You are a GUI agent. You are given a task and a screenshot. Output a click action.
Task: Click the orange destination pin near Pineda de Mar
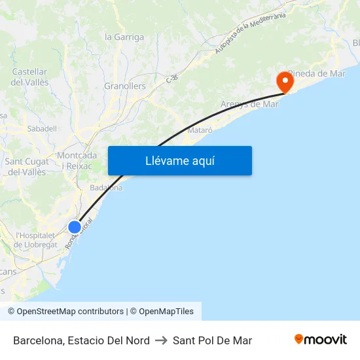[x=285, y=81]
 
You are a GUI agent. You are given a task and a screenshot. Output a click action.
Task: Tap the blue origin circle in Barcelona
[x=75, y=227]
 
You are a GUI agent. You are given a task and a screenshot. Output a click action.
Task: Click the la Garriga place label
[x=124, y=37]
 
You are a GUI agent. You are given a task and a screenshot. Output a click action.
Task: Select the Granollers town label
[x=125, y=86]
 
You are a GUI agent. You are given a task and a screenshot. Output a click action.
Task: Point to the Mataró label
[x=200, y=130]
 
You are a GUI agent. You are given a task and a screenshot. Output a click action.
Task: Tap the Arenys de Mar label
[x=249, y=104]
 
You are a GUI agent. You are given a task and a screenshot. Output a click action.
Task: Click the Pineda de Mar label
[x=317, y=73]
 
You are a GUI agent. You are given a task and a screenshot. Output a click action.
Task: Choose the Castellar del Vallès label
[x=29, y=77]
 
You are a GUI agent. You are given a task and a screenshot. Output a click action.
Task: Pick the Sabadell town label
[x=42, y=129]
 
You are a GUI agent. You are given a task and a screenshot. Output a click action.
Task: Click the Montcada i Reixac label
[x=77, y=160]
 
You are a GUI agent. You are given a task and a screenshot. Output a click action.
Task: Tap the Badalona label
[x=106, y=188]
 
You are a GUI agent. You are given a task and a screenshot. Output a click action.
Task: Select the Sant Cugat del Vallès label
[x=27, y=167]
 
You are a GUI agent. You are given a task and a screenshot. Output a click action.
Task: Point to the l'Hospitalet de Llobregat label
[x=36, y=240]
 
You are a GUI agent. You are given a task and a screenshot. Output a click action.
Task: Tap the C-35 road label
[x=172, y=78]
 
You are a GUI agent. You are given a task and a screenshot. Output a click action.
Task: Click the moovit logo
[x=321, y=340]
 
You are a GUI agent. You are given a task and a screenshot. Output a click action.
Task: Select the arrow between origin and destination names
[x=161, y=340]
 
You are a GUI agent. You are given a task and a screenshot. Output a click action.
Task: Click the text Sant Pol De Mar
[x=212, y=340]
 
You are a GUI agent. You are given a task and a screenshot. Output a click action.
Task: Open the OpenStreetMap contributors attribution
[x=69, y=312]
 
